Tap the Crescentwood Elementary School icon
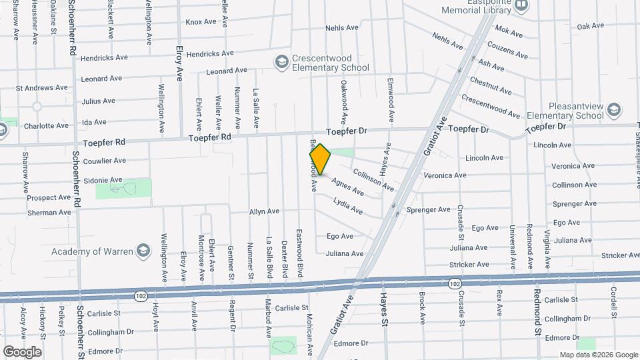point(281,62)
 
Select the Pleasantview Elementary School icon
point(613,109)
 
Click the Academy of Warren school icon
point(142,251)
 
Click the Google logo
point(22,351)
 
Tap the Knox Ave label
point(201,22)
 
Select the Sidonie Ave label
point(103,180)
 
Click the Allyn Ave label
point(264,211)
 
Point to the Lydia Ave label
point(348,206)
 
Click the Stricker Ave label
point(619,255)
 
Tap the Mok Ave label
point(509,31)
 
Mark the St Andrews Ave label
point(42,87)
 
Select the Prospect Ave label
point(49,197)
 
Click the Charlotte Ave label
point(46,125)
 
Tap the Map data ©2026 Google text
point(599,355)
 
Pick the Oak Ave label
point(590,27)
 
